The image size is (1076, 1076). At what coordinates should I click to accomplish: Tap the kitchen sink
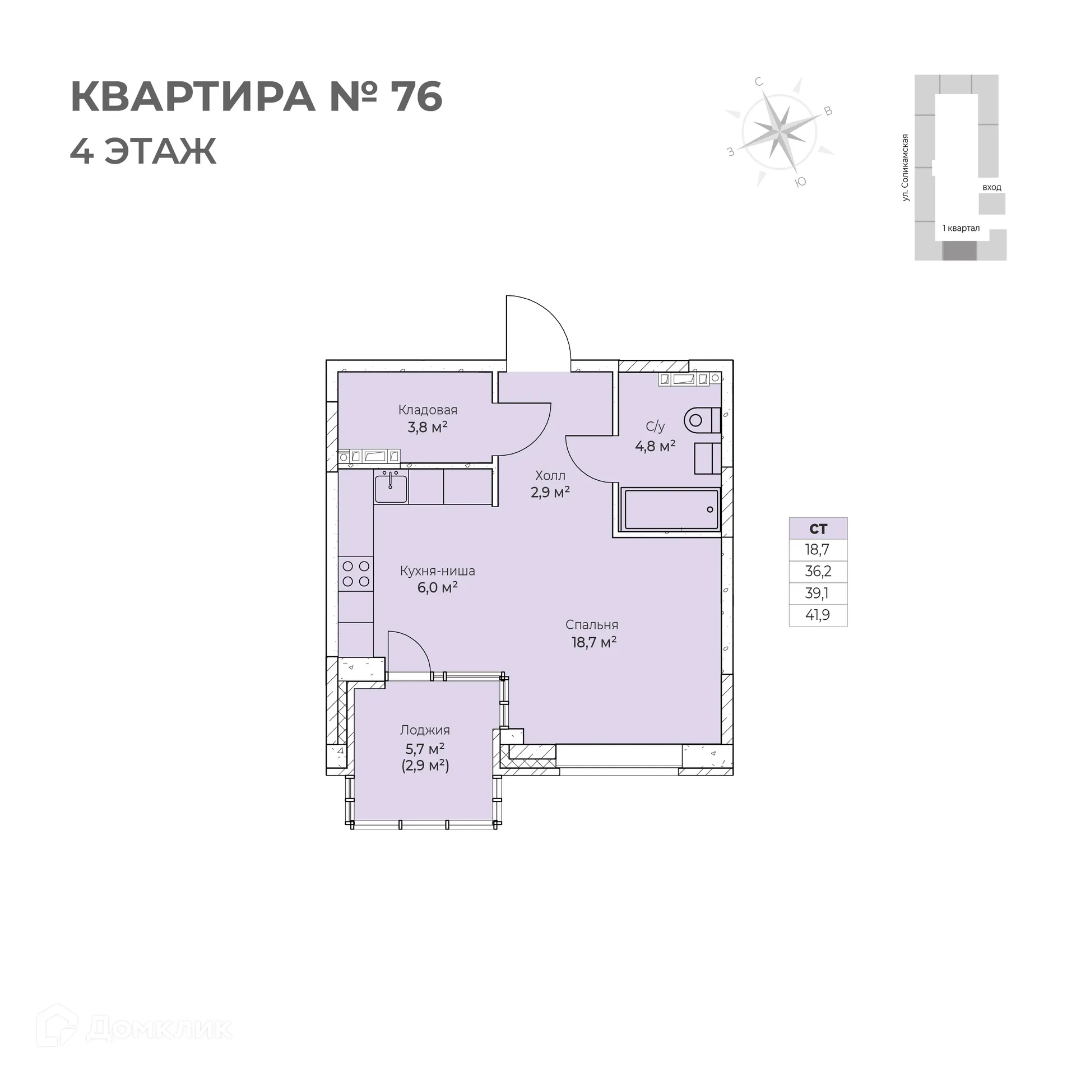coord(391,488)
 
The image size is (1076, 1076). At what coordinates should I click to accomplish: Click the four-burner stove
coord(356,573)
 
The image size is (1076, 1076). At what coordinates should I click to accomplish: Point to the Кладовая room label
coord(428,410)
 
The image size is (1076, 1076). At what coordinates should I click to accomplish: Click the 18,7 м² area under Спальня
coord(593,642)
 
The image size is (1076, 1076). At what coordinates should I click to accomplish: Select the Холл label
coord(550,476)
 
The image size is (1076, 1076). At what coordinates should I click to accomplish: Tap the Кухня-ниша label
coord(437,571)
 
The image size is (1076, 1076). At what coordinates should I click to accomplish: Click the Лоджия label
coord(425,730)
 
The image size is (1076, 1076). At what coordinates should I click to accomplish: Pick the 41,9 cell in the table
coord(818,615)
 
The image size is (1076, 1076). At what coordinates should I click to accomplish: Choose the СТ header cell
coord(818,528)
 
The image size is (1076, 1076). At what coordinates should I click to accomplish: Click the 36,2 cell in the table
coord(818,571)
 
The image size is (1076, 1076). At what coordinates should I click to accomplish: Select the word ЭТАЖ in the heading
coord(160,151)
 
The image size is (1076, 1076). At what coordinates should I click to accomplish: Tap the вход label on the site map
coord(991,187)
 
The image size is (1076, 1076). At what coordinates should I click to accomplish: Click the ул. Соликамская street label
coord(905,168)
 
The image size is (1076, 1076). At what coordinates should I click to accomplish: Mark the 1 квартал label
coord(961,228)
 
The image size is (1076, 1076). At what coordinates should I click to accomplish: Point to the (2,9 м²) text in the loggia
coord(425,766)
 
